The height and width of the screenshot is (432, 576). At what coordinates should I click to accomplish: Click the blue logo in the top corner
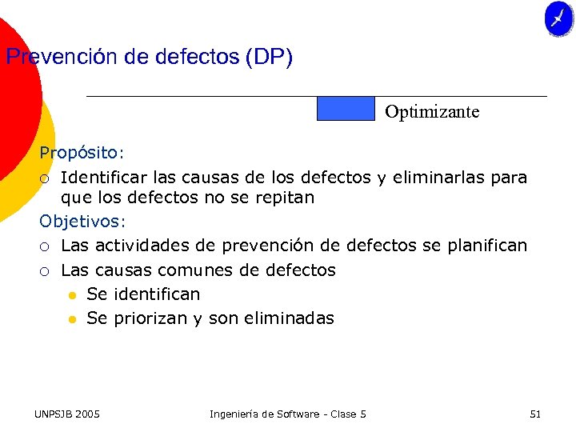tap(558, 18)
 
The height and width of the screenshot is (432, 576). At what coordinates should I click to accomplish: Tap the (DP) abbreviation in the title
tap(270, 58)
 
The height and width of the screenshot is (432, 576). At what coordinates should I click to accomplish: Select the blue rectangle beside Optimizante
tap(346, 109)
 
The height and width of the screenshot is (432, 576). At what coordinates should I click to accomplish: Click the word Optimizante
tap(432, 112)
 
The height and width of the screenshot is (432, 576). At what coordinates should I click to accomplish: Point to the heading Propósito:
tap(82, 152)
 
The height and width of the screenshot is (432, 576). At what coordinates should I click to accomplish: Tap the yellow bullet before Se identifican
tap(72, 295)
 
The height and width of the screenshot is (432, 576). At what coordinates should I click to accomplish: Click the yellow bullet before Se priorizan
tap(72, 319)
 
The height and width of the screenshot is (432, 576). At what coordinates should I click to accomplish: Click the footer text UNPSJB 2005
tap(66, 414)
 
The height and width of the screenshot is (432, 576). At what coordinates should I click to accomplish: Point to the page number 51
tap(535, 414)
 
